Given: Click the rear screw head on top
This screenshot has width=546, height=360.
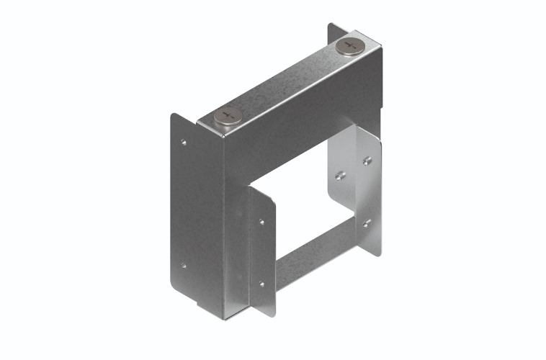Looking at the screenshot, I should [350, 46].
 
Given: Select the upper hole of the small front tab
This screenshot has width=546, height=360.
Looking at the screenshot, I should [261, 221].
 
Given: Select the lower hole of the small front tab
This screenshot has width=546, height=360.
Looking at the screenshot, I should [262, 283].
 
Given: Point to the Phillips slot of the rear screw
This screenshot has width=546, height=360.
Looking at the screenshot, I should [350, 45].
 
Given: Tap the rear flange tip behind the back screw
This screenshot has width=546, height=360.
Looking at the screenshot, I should [332, 33].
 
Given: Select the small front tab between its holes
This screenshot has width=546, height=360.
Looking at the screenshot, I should [262, 252].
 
